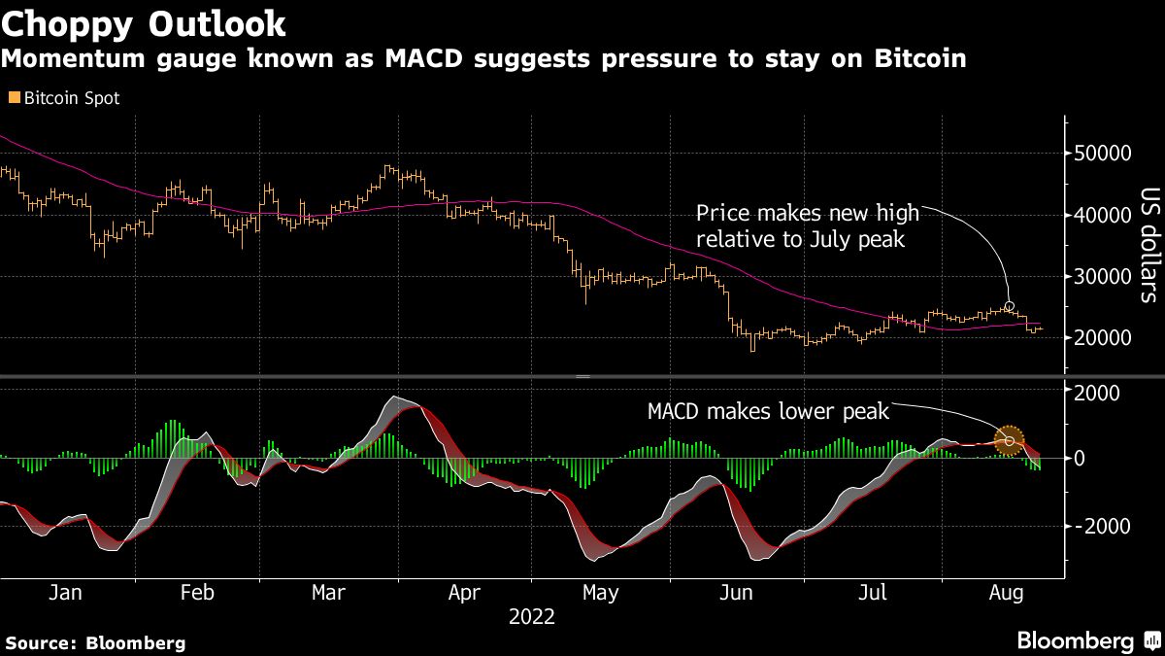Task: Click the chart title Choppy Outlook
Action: pyautogui.click(x=144, y=23)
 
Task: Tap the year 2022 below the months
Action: pyautogui.click(x=531, y=617)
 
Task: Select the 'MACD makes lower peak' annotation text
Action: pyautogui.click(x=768, y=412)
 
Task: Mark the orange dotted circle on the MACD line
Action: pyautogui.click(x=1011, y=441)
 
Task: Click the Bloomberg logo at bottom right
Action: pyautogui.click(x=1075, y=641)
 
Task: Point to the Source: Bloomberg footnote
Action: pyautogui.click(x=95, y=642)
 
